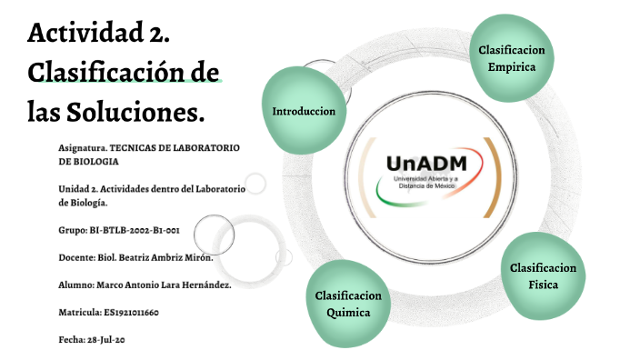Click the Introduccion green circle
pos(304,111)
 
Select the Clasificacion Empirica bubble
pos(511,58)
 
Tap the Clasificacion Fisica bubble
pos(543,275)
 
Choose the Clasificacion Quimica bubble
pos(348,305)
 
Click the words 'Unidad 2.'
pos(77,189)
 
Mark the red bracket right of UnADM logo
pos(491,177)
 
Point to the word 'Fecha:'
pos(72,340)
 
